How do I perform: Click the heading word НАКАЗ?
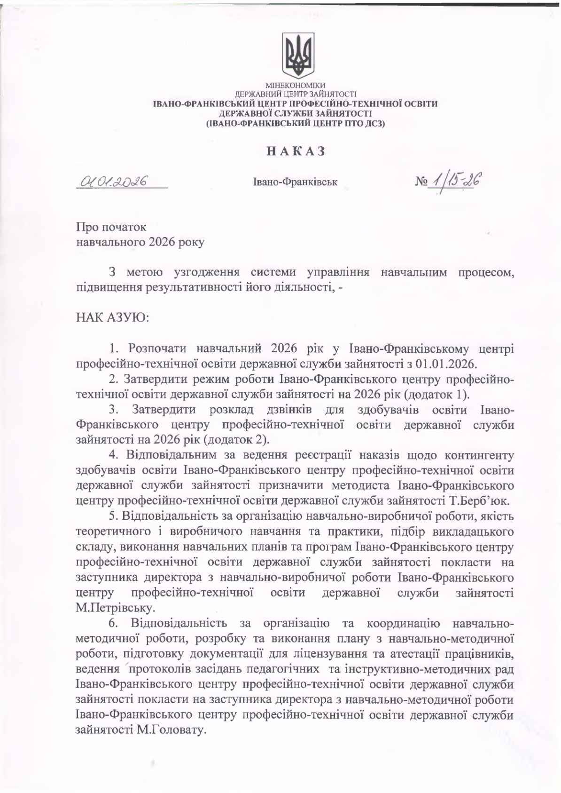pos(296,151)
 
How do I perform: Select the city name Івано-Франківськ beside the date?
pos(295,182)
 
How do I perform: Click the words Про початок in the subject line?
pos(111,227)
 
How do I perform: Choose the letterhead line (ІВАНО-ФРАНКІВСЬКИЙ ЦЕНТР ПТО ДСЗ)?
pos(296,123)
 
